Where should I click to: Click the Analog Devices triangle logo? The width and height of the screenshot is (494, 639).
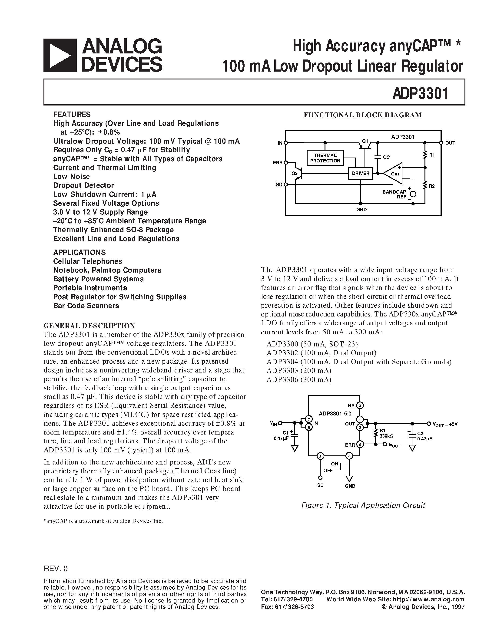60,55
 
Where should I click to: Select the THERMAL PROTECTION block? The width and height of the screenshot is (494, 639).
325,158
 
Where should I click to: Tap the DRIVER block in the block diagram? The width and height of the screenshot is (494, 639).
361,173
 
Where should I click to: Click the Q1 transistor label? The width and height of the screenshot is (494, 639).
365,141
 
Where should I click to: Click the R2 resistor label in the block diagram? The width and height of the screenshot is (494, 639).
432,186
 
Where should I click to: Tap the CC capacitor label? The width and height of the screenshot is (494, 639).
386,157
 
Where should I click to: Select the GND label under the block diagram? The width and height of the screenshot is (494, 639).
361,210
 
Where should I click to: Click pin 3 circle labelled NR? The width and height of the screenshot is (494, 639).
360,405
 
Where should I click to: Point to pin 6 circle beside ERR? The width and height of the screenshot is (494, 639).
360,445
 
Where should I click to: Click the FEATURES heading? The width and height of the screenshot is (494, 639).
72,114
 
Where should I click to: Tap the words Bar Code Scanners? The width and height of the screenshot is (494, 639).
86,306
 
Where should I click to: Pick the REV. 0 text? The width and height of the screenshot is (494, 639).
56,569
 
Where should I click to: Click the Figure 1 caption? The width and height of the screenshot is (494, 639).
363,505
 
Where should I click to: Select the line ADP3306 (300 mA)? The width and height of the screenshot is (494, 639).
299,380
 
